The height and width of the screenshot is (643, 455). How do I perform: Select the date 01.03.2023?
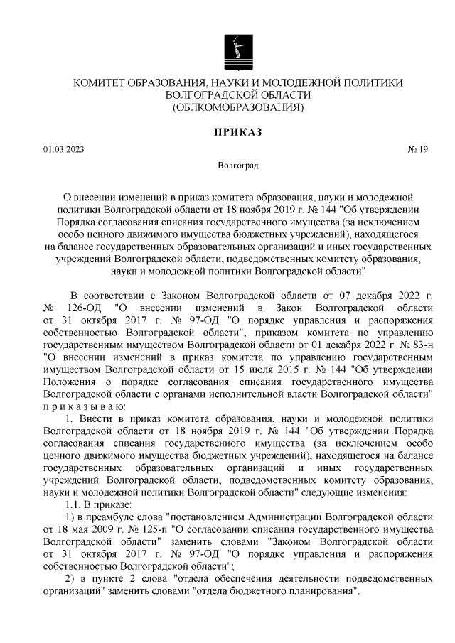click(x=63, y=150)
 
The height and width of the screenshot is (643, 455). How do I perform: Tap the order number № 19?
click(x=417, y=150)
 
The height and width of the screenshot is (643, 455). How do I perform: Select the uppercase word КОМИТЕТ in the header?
click(x=103, y=83)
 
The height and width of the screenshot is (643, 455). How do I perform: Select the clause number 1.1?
click(x=74, y=504)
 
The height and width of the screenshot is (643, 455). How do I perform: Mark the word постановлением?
click(x=204, y=517)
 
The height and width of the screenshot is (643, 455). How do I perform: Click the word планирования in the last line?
click(x=313, y=592)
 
